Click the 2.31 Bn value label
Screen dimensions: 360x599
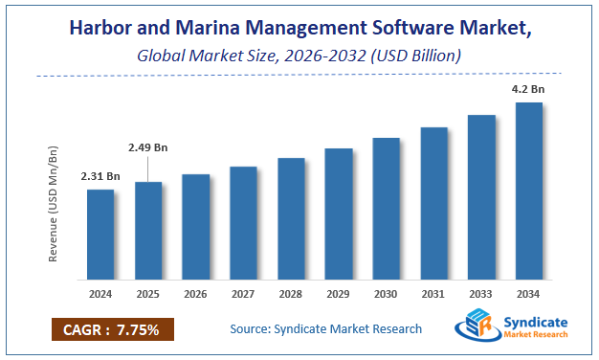(100, 176)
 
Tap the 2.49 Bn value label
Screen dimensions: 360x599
(148, 147)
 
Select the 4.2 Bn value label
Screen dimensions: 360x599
(528, 88)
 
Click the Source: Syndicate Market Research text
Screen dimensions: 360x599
(325, 329)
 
